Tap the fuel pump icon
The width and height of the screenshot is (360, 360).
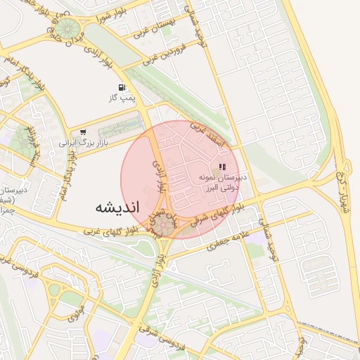(124, 89)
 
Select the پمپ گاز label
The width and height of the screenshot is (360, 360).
(122, 100)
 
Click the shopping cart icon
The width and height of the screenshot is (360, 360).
(84, 131)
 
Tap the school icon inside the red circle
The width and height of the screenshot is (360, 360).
(223, 167)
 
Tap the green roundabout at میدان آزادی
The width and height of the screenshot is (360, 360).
(67, 29)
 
